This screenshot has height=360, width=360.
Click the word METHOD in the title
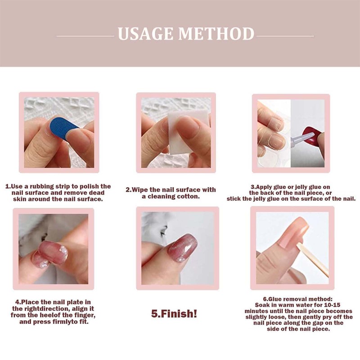(x=216, y=34)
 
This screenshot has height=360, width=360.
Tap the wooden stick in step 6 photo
(x=312, y=260)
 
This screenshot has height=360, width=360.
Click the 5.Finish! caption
(x=174, y=314)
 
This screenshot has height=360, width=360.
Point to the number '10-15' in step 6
(x=332, y=305)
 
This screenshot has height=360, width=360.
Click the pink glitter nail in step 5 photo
(x=183, y=247)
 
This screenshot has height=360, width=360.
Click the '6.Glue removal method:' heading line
(x=298, y=299)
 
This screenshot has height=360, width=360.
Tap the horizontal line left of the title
(x=85, y=36)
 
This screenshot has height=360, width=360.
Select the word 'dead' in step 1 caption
(x=97, y=193)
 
